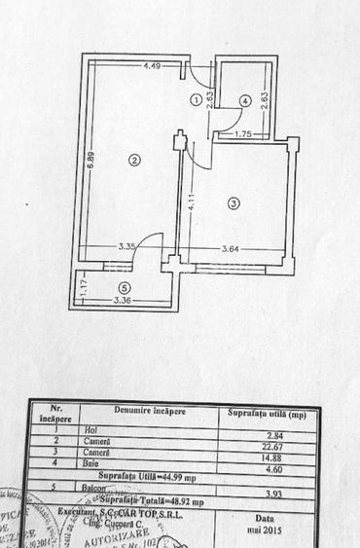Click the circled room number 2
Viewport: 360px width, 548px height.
[135, 161]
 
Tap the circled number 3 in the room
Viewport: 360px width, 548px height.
[233, 202]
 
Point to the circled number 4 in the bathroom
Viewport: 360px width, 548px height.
[245, 99]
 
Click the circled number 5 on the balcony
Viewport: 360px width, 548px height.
[123, 287]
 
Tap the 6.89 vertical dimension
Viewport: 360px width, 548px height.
[87, 162]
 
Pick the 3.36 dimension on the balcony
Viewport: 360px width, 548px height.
[123, 303]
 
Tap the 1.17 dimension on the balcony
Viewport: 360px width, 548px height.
[84, 287]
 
